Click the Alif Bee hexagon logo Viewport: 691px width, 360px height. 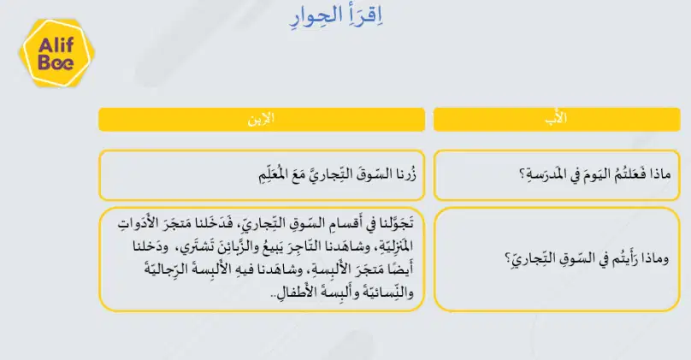coord(56,53)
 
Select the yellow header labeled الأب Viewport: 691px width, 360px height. coord(557,120)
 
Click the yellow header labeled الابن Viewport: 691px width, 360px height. coord(262,120)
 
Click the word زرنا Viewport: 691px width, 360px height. coord(405,174)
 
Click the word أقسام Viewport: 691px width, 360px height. coord(341,224)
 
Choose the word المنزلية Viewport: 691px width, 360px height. coord(394,246)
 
